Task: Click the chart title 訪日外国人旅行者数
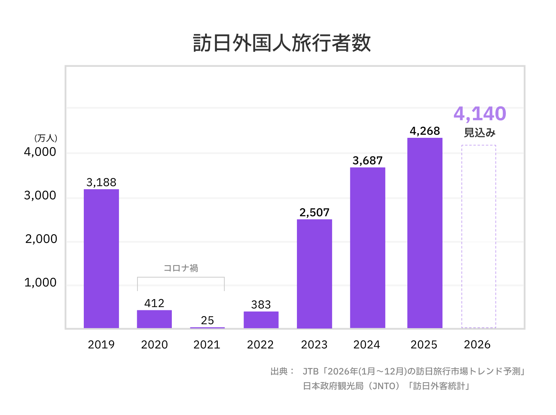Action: (282, 42)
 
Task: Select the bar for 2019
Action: (101, 259)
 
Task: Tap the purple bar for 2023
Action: (314, 274)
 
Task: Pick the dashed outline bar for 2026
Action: (478, 236)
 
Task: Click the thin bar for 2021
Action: (207, 327)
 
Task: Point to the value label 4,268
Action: (425, 131)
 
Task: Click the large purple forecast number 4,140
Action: (480, 113)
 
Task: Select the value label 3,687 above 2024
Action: (367, 161)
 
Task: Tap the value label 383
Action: (261, 305)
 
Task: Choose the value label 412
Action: (154, 303)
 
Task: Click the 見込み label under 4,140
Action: (480, 133)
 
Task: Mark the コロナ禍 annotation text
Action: (181, 268)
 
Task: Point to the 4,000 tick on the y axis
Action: (40, 152)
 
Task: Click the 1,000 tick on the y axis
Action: (40, 283)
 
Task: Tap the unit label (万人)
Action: (46, 138)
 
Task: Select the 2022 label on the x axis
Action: (260, 344)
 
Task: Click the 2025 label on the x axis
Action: (424, 344)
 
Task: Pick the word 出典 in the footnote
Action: (279, 371)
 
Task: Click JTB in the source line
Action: (310, 371)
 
